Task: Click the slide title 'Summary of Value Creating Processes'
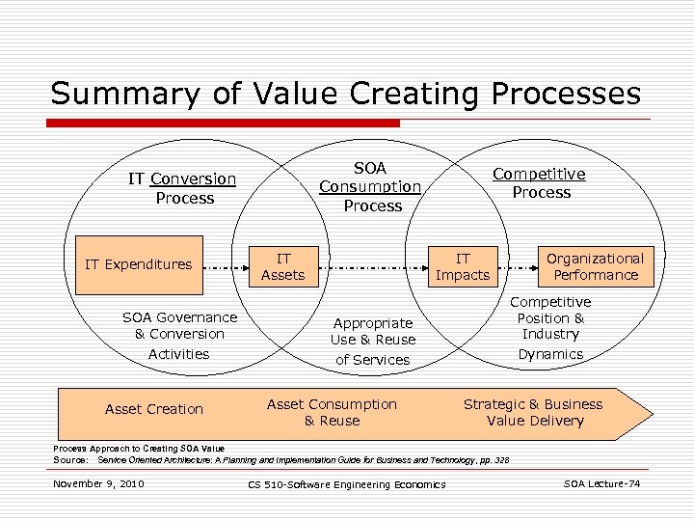pyautogui.click(x=345, y=93)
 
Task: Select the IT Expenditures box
pyautogui.click(x=139, y=264)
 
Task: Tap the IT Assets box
pyautogui.click(x=283, y=266)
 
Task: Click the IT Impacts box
pyautogui.click(x=463, y=266)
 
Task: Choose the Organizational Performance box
pyautogui.click(x=595, y=266)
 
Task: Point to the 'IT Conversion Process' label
pyautogui.click(x=183, y=188)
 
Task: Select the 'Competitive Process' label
pyautogui.click(x=540, y=183)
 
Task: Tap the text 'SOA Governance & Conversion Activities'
pyautogui.click(x=179, y=335)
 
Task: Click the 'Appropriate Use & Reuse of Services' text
pyautogui.click(x=372, y=341)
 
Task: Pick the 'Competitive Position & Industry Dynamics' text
pyautogui.click(x=550, y=328)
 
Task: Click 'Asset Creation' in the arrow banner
pyautogui.click(x=154, y=409)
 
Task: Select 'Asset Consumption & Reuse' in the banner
pyautogui.click(x=332, y=412)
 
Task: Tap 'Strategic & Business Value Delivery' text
pyautogui.click(x=534, y=412)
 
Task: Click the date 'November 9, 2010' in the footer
pyautogui.click(x=99, y=482)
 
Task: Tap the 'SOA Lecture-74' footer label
pyautogui.click(x=602, y=482)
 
